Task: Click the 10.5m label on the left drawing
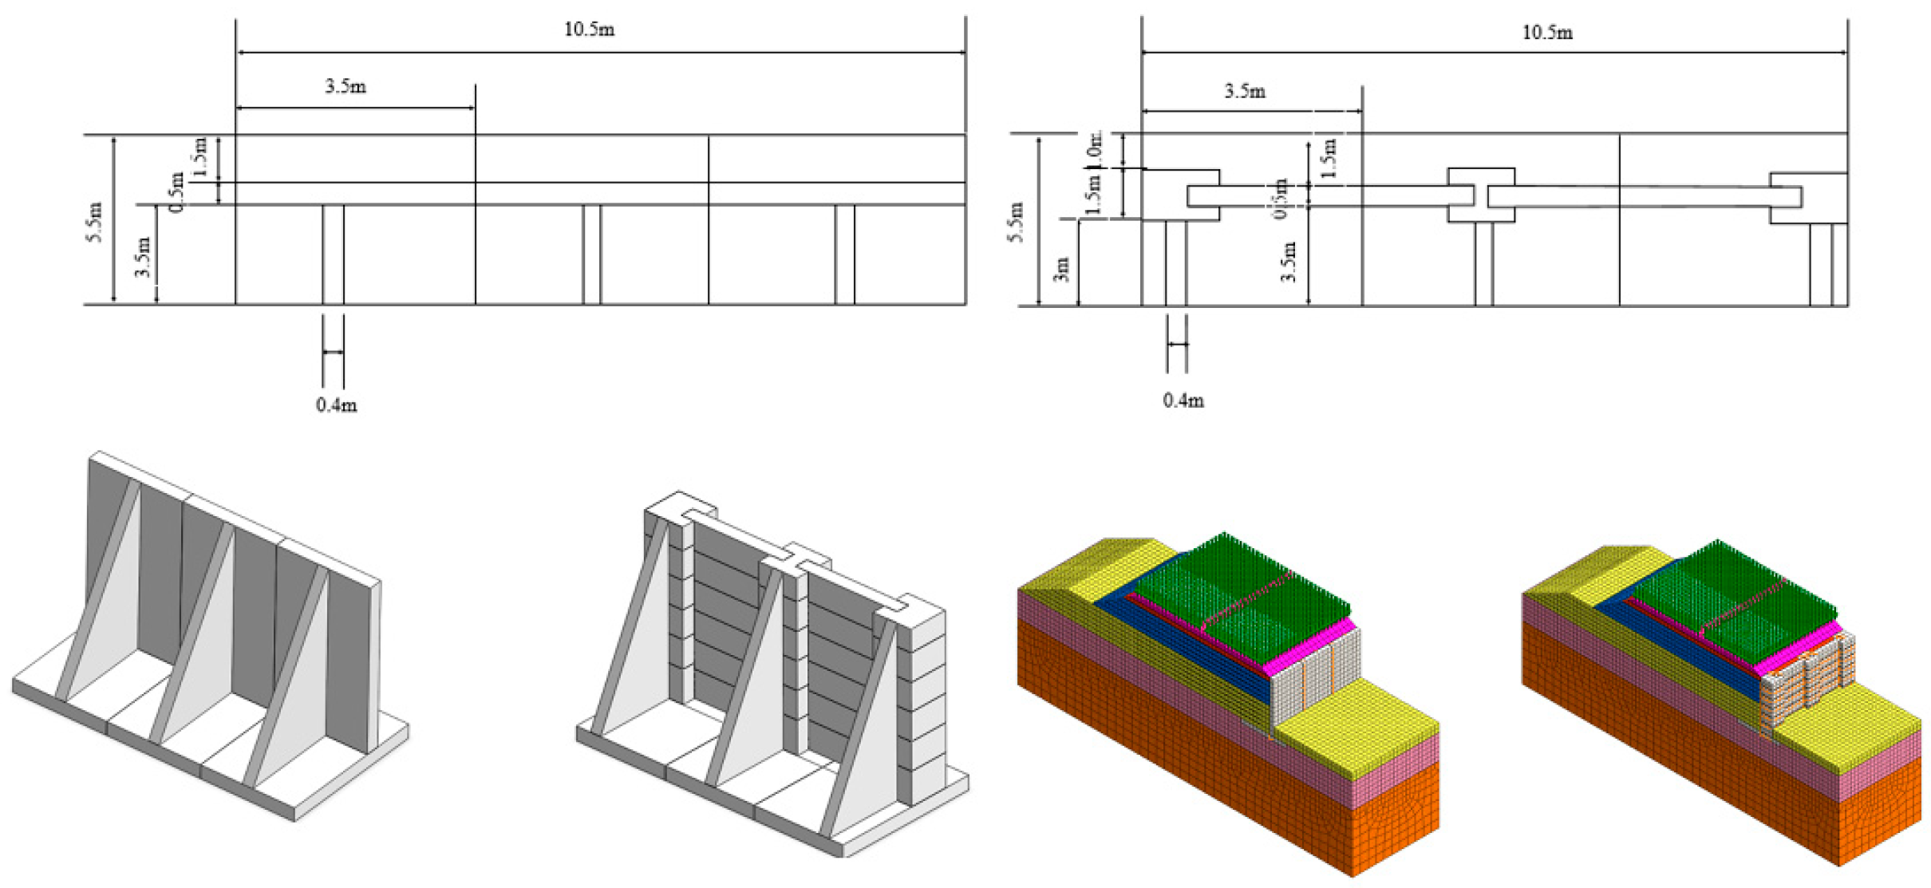[x=589, y=30]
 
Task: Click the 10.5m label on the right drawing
[x=1546, y=33]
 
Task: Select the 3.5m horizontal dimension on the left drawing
[x=346, y=86]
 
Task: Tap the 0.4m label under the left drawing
[x=336, y=405]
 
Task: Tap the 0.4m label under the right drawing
[x=1183, y=401]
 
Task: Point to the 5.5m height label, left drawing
[x=95, y=223]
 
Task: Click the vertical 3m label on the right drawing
[x=1060, y=269]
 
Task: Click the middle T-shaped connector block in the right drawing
[x=1481, y=195]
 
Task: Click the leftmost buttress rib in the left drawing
[x=334, y=255]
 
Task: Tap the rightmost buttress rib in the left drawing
[x=844, y=255]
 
